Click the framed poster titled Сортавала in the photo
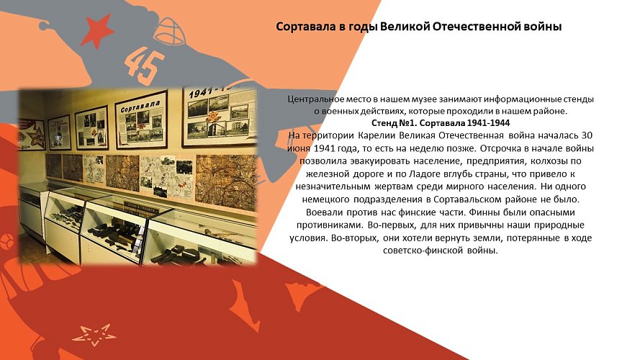141,117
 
